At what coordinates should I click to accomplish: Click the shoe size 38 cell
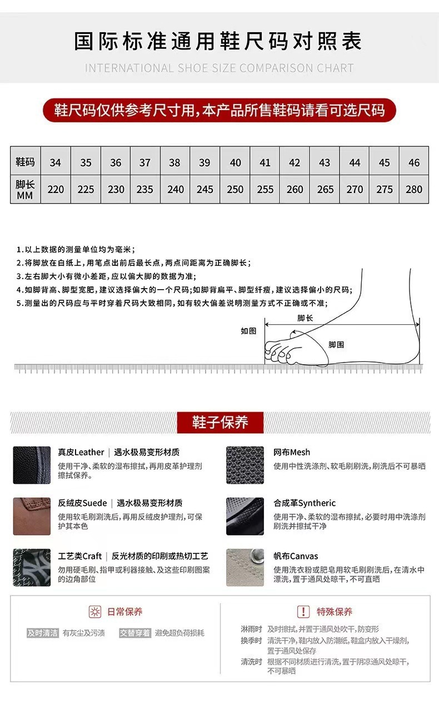(174, 162)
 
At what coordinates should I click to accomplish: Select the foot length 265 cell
(325, 189)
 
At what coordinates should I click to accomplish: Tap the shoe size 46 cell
(414, 162)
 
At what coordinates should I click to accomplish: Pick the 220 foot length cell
(56, 189)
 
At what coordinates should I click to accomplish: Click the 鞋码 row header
(25, 162)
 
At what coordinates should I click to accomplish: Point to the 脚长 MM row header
(25, 189)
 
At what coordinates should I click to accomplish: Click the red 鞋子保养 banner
(220, 423)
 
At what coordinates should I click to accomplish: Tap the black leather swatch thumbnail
(32, 465)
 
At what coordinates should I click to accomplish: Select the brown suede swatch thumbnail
(32, 516)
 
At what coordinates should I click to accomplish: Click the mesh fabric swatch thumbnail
(245, 465)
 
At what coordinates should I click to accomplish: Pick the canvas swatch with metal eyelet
(245, 567)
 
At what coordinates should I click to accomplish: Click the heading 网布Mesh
(292, 452)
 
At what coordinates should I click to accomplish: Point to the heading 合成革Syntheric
(305, 503)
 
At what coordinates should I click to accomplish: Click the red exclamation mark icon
(303, 612)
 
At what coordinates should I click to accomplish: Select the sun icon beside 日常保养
(96, 612)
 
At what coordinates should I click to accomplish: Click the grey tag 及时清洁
(43, 633)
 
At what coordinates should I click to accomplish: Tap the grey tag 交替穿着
(134, 633)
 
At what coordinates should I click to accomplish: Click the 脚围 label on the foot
(336, 345)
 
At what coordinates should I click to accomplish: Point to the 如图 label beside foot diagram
(248, 331)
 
